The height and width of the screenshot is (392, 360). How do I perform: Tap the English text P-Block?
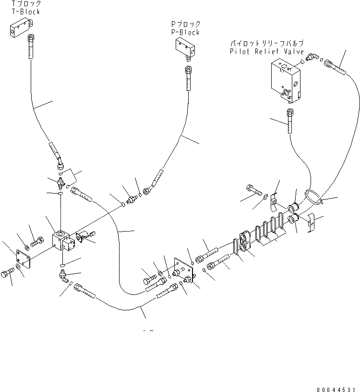[185, 32]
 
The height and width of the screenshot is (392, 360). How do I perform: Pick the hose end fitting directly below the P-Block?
[188, 77]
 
